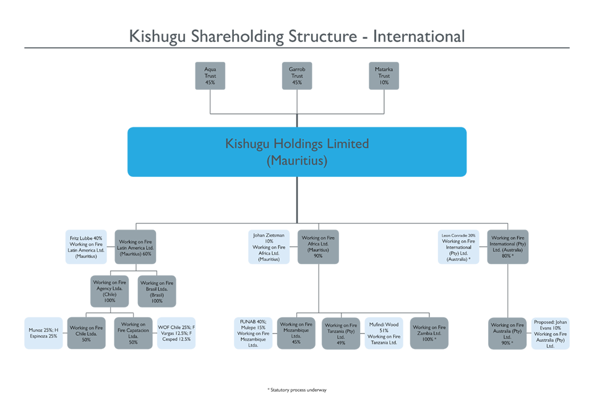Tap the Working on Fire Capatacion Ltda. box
tap(133, 332)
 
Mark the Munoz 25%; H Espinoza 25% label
tap(43, 332)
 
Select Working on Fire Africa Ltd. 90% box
tap(318, 247)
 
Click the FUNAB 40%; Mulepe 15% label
tap(254, 334)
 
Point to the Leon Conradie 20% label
tap(458, 247)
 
